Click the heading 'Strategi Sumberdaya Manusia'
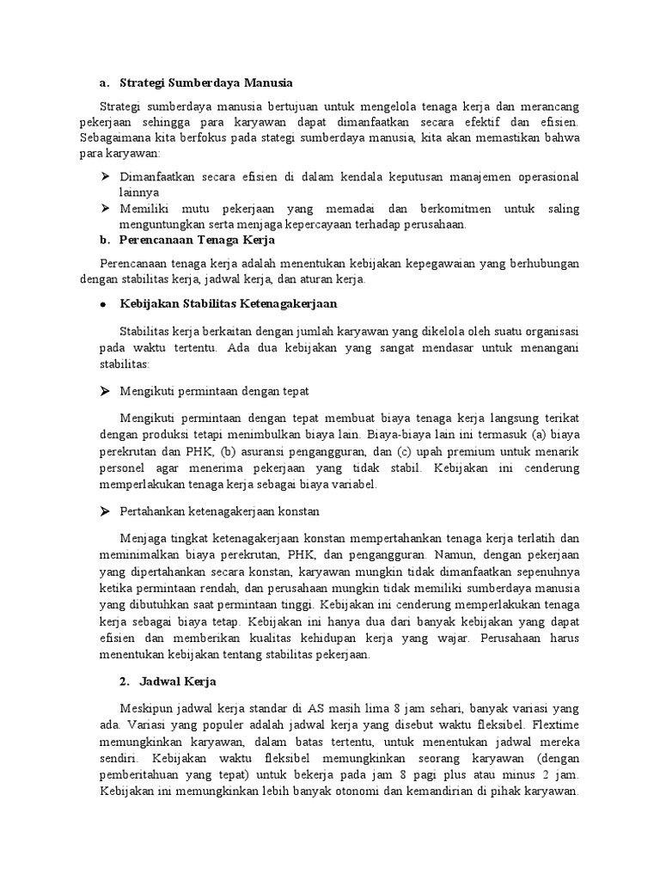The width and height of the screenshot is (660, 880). [207, 82]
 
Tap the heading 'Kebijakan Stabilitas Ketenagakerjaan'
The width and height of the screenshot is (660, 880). [229, 304]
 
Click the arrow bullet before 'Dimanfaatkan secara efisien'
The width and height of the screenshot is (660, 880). [105, 176]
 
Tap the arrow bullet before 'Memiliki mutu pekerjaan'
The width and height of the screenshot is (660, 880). [105, 209]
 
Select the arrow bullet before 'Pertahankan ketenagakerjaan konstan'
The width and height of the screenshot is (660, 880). [105, 510]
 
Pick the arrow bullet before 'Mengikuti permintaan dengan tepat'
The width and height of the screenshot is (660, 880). [105, 391]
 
